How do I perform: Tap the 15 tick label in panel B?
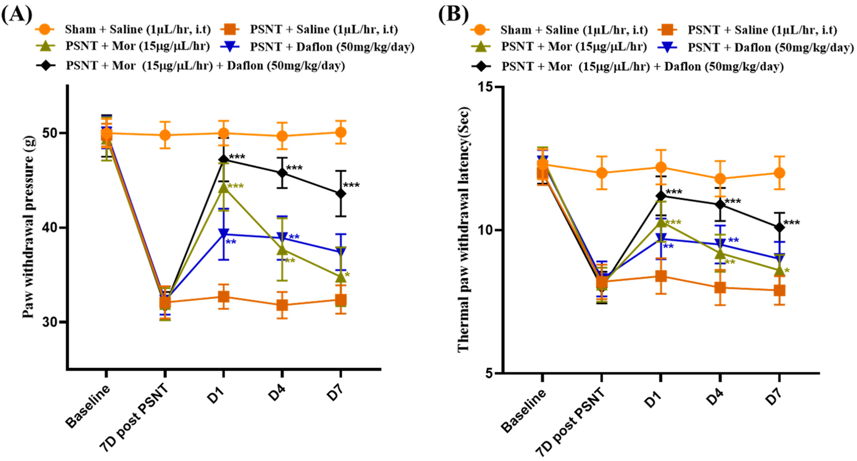[x=486, y=87]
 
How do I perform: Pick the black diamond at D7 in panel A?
[x=340, y=194]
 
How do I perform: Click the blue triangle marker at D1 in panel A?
[x=224, y=233]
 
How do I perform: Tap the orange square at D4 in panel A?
[x=282, y=305]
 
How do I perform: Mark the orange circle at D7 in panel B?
[x=779, y=173]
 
